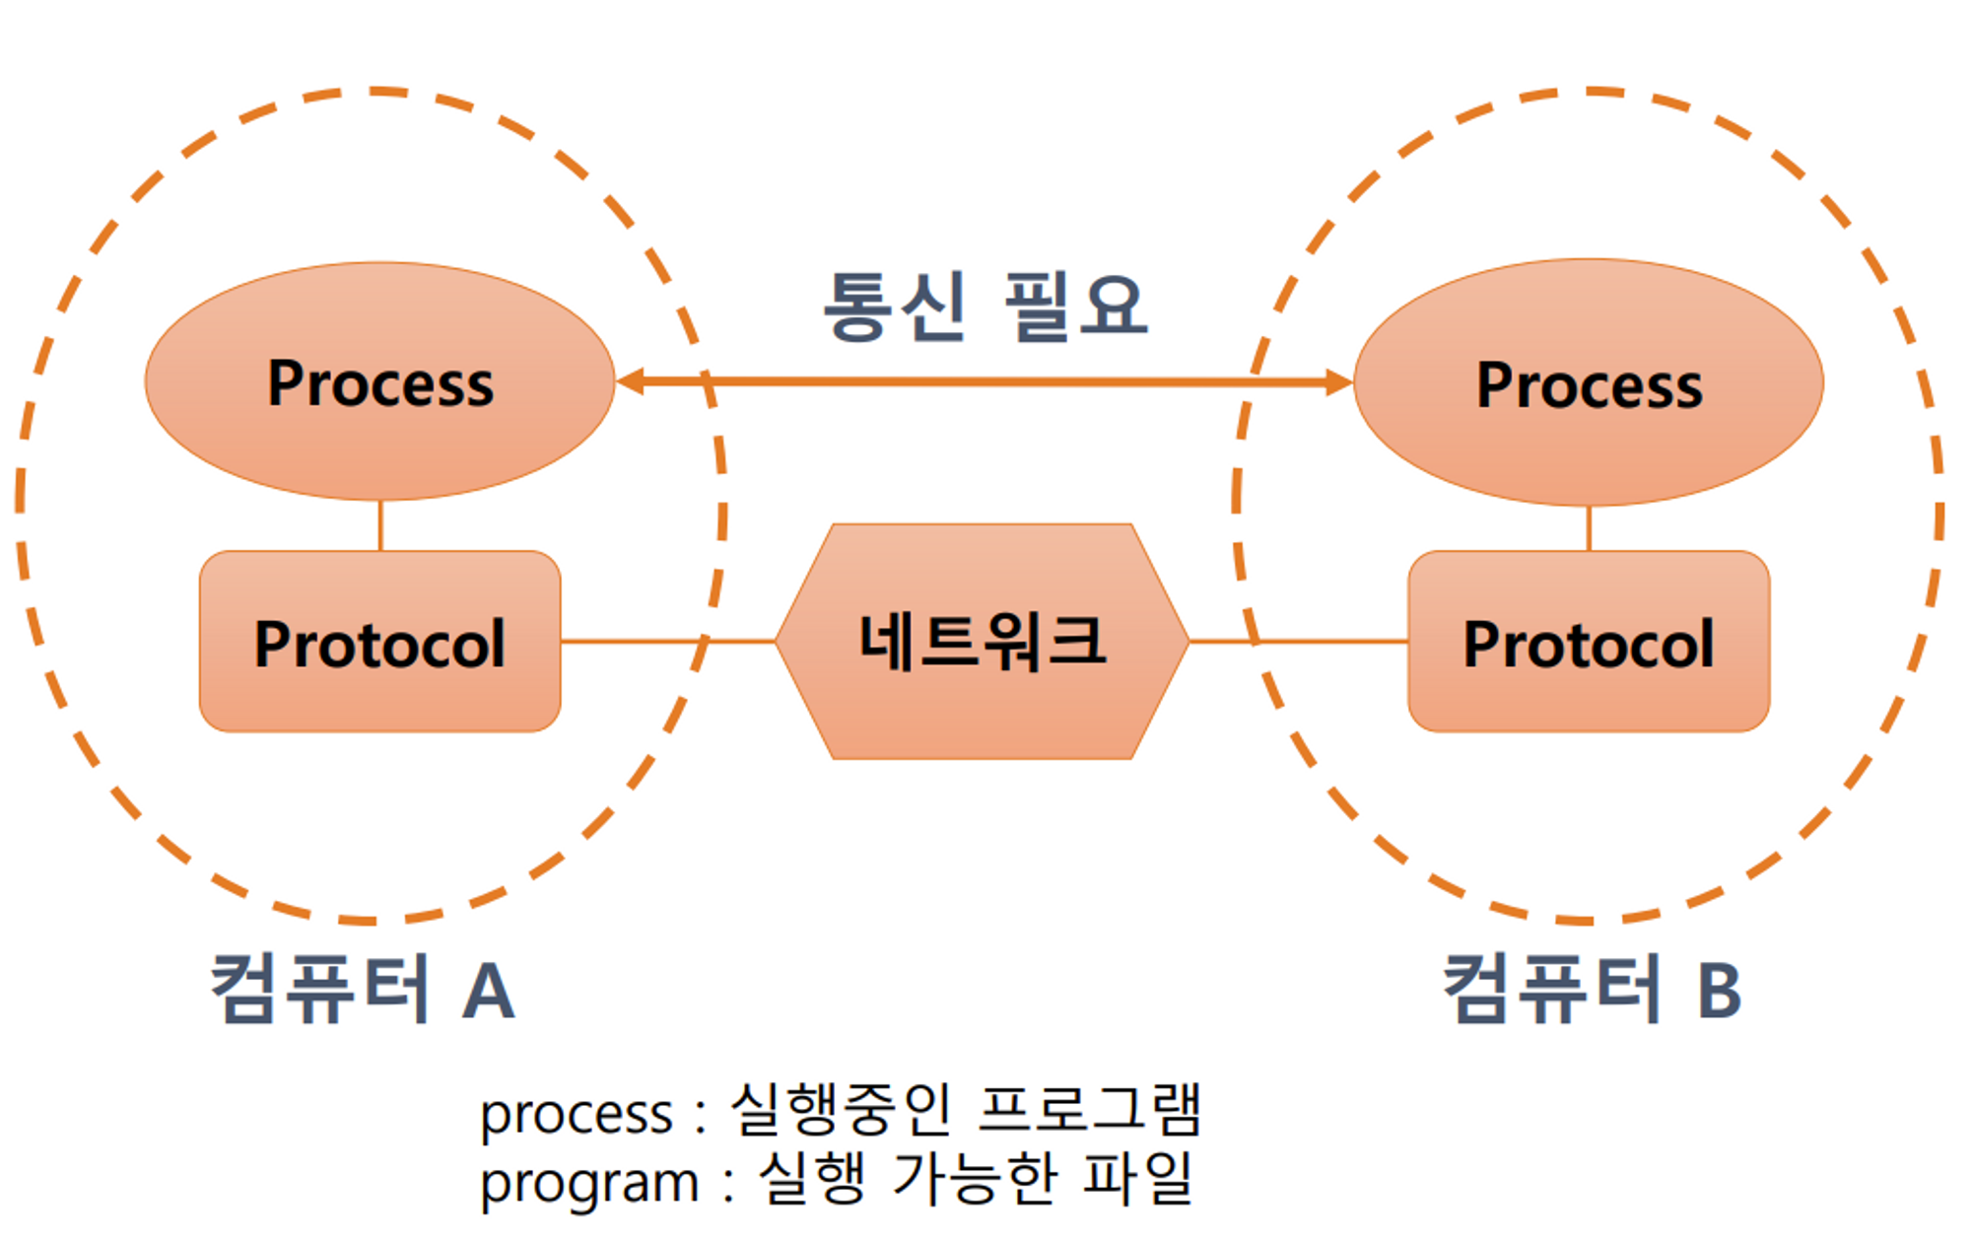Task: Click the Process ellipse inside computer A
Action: pos(380,381)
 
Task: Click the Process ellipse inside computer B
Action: pos(1589,382)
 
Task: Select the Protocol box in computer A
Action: pos(380,642)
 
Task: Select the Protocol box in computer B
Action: pos(1589,642)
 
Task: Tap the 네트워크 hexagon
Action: pos(983,642)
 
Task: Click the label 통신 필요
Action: pos(985,307)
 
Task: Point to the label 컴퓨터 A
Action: pos(363,989)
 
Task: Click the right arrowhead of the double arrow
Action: pos(1338,381)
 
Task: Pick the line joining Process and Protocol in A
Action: pos(380,526)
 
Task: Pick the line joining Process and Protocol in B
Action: pos(1589,529)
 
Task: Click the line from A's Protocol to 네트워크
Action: pos(668,642)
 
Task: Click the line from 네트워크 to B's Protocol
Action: pos(1299,642)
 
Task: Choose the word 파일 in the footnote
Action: pos(1138,1178)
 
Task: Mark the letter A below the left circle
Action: pos(489,992)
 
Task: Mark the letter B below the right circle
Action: pos(1720,991)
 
